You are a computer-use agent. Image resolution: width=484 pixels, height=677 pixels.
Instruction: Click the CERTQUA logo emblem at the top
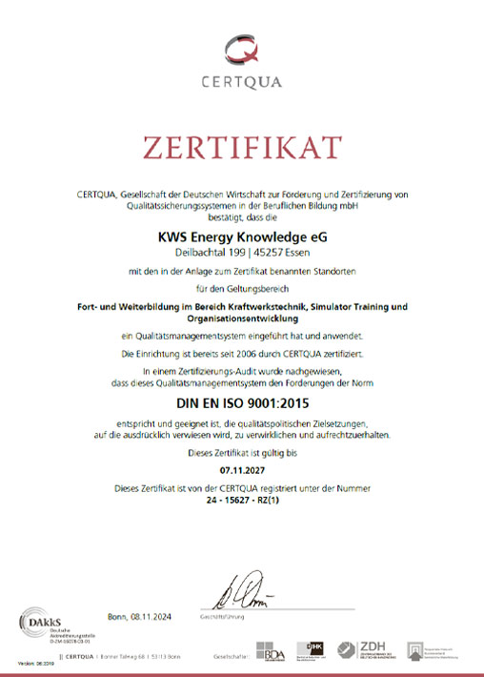[241, 47]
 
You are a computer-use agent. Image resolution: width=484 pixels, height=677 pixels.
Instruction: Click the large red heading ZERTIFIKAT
[241, 149]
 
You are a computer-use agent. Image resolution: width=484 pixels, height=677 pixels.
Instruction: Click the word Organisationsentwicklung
[241, 319]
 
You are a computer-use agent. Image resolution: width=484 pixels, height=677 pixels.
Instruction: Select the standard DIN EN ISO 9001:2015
[241, 403]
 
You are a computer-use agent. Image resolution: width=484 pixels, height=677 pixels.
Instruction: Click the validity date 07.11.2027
[241, 470]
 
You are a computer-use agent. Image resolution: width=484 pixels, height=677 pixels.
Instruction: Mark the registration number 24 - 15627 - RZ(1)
[241, 499]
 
